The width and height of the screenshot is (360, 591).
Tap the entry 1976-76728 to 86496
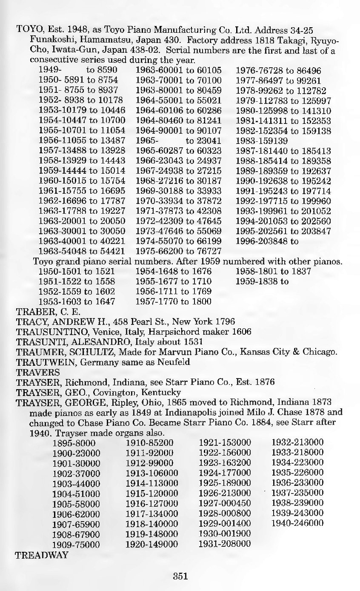pyautogui.click(x=278, y=71)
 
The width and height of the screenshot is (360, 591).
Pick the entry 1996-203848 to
pyautogui.click(x=267, y=241)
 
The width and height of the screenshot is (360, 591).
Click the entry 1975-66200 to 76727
pyautogui.click(x=178, y=251)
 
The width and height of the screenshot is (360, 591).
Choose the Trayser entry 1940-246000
pyautogui.click(x=297, y=523)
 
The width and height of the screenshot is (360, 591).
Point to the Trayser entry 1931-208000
pyautogui.click(x=225, y=544)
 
